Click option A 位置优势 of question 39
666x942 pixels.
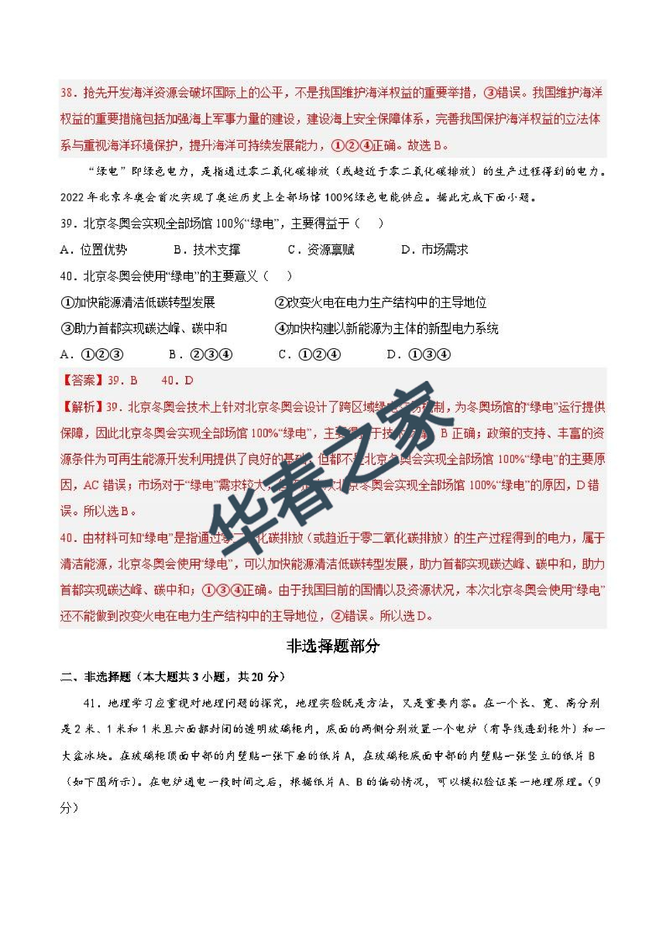[x=93, y=250]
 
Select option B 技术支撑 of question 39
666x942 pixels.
[x=207, y=250]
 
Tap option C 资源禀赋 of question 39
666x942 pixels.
[x=321, y=250]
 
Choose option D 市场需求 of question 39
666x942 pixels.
[x=434, y=250]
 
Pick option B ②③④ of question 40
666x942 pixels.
[x=201, y=355]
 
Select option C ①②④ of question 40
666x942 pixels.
[x=309, y=355]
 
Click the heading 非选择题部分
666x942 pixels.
[x=333, y=647]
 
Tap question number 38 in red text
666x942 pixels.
[x=67, y=93]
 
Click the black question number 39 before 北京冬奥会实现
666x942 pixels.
[x=66, y=223]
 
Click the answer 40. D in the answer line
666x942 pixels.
[x=177, y=381]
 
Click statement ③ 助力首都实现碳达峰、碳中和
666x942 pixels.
[x=144, y=328]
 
